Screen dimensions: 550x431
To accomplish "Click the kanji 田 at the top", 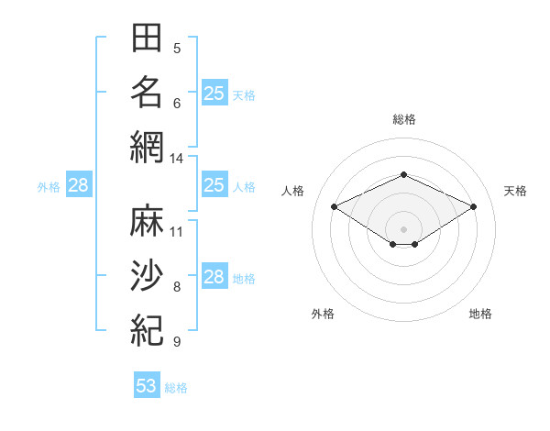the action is [x=147, y=38].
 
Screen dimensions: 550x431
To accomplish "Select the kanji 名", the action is [x=147, y=93].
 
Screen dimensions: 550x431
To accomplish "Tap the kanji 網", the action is [x=147, y=148].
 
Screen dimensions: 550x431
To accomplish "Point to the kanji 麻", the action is [x=147, y=220].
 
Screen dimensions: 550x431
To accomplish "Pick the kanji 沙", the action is [x=147, y=275].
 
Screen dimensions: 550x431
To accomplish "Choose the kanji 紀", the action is [x=147, y=330].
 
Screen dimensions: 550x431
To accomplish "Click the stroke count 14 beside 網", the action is [x=176, y=159].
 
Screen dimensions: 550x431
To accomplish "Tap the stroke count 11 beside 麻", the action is [x=176, y=232].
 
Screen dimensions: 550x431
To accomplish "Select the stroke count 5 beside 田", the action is [x=177, y=49].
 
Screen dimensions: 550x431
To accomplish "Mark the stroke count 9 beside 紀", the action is [x=177, y=341].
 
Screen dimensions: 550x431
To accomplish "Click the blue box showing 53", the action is [x=147, y=384].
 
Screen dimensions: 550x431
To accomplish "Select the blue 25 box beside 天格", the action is [x=214, y=93].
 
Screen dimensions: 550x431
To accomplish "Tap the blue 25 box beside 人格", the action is [x=214, y=184].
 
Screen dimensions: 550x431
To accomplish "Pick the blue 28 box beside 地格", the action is [x=214, y=275].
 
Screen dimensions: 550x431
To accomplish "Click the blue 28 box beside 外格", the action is [x=79, y=184].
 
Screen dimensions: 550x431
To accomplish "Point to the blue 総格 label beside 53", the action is [x=176, y=388].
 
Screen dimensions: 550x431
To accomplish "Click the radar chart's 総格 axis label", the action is [x=404, y=119].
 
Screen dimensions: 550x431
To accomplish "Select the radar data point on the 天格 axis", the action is [x=474, y=206].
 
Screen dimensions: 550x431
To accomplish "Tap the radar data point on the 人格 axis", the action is [x=334, y=206].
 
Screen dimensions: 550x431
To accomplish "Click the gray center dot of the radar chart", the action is [x=403, y=229].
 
